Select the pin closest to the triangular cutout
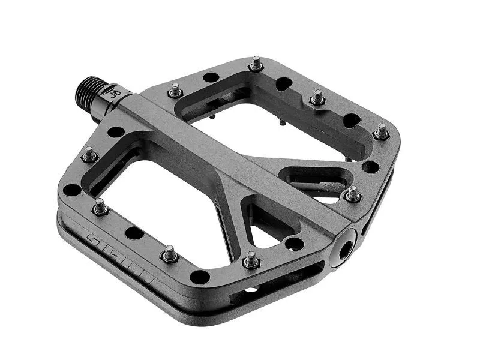tap(251, 259)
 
